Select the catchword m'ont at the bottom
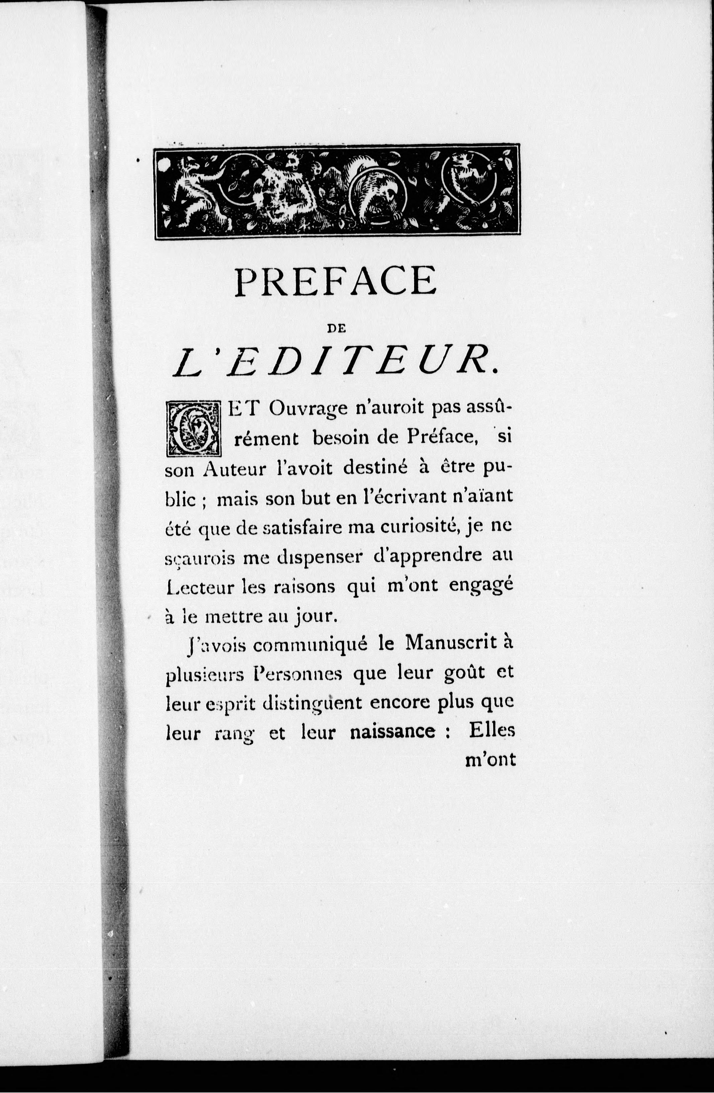click(491, 761)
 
